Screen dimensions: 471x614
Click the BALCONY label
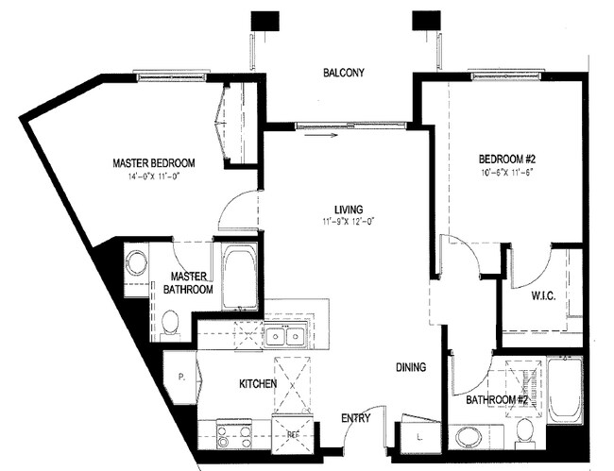342,74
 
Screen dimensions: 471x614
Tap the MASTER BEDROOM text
153,162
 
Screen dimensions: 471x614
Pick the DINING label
411,367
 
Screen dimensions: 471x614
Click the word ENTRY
356,418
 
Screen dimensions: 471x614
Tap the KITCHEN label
257,384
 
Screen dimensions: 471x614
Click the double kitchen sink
283,335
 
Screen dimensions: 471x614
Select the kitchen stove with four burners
234,435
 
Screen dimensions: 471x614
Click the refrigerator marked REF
293,434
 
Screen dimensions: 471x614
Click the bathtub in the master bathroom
239,278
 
